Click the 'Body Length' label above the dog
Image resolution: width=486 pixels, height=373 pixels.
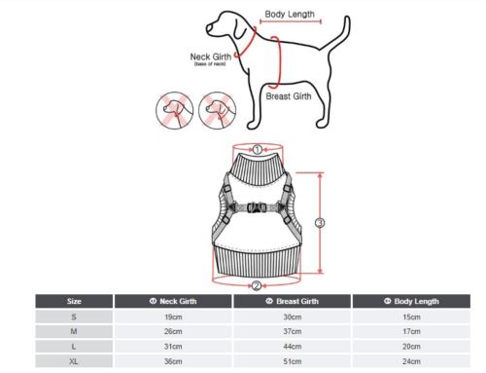(x=290, y=15)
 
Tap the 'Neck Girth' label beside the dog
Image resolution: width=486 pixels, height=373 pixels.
(x=211, y=56)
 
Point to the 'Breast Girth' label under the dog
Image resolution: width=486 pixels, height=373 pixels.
(x=289, y=96)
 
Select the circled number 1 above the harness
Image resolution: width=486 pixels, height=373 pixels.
(x=258, y=150)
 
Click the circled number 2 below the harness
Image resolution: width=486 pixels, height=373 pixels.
(x=257, y=286)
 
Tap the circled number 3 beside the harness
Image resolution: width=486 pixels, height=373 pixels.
(x=320, y=223)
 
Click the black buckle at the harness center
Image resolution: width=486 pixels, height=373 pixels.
(x=257, y=207)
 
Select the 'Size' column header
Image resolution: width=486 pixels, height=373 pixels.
(x=74, y=301)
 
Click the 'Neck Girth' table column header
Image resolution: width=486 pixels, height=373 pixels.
(x=173, y=301)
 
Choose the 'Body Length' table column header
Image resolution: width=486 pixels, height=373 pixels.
(x=411, y=301)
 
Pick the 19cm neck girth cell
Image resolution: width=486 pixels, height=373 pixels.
(x=173, y=317)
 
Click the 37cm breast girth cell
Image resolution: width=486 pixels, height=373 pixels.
(x=293, y=331)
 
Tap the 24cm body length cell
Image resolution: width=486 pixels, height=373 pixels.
(x=411, y=361)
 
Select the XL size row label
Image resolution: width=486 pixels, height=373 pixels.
(x=74, y=361)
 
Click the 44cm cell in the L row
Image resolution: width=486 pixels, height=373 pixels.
(x=293, y=347)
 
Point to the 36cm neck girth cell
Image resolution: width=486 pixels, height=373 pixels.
(x=173, y=361)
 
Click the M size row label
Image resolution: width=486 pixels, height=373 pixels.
(x=74, y=331)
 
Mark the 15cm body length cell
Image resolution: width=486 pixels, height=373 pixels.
(x=411, y=317)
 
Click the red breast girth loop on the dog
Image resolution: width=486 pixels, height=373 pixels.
(x=280, y=61)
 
